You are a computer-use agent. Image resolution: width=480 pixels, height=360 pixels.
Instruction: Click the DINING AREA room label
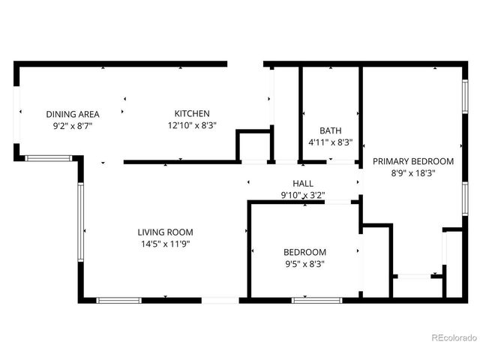(73, 114)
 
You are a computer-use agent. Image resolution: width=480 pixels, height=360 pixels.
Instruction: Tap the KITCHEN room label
(192, 114)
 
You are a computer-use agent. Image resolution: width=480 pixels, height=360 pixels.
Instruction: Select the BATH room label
(330, 130)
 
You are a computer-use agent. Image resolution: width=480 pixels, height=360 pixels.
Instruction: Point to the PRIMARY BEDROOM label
(413, 161)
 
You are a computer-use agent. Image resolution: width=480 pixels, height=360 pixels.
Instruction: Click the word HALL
(303, 184)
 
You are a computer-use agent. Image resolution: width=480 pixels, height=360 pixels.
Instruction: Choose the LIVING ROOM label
(165, 232)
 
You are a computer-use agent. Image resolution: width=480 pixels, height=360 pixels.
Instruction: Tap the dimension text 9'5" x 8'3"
(304, 263)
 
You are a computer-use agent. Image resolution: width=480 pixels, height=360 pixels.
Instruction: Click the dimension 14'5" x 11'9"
(165, 244)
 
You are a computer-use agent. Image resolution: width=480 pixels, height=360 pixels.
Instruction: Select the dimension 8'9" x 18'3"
(413, 172)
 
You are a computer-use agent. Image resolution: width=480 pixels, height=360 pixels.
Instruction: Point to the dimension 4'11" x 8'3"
(330, 141)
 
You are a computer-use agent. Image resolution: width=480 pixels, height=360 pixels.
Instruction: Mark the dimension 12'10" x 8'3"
(192, 126)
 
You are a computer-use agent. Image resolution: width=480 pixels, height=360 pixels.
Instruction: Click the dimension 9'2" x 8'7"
(73, 126)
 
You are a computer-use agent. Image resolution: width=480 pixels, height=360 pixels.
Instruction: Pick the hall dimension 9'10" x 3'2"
(303, 195)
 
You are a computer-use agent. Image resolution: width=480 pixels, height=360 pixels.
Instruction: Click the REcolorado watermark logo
(453, 337)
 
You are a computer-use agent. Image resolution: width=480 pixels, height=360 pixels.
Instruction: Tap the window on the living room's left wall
(80, 223)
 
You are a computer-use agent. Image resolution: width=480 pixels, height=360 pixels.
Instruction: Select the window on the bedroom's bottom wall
(311, 300)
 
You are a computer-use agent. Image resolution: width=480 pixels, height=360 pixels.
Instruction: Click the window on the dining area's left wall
(18, 112)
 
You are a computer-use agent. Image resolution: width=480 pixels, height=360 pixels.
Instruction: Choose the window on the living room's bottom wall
(118, 300)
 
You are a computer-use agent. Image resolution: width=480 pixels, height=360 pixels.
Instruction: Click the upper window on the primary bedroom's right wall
(465, 97)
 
